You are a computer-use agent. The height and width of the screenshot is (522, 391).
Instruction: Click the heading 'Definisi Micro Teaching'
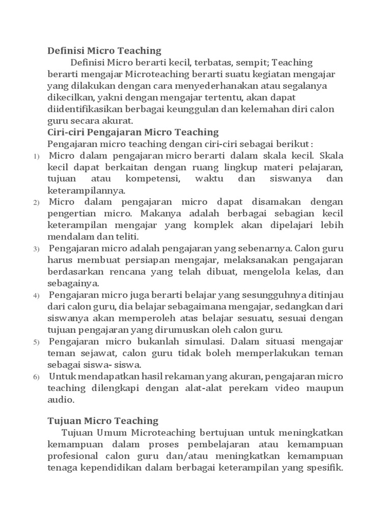pyautogui.click(x=104, y=50)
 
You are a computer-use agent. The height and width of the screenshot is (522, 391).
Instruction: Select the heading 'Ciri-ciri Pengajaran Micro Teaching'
pyautogui.click(x=133, y=132)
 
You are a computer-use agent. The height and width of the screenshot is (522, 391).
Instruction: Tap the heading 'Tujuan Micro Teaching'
pyautogui.click(x=103, y=421)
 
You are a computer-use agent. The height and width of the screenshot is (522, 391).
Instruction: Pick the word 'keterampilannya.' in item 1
pyautogui.click(x=86, y=191)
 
